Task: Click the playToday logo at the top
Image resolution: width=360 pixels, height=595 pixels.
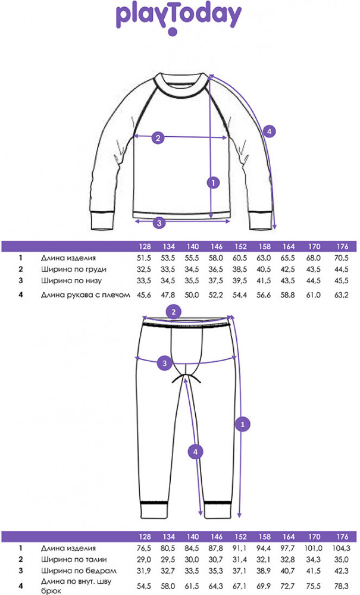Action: click(x=179, y=19)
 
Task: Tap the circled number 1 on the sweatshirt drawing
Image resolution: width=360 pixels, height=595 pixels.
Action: click(x=214, y=183)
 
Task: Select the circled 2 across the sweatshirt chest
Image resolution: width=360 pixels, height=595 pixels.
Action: click(x=158, y=137)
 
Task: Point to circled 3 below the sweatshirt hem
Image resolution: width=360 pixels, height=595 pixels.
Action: click(x=159, y=223)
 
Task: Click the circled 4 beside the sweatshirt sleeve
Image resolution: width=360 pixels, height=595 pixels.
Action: click(x=269, y=131)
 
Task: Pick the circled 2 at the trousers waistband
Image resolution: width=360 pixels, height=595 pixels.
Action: click(x=174, y=312)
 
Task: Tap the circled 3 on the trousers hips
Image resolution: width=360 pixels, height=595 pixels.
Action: click(x=164, y=363)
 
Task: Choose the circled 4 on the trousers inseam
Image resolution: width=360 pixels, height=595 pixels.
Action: click(x=195, y=452)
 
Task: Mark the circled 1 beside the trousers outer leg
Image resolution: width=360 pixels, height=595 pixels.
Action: click(x=243, y=424)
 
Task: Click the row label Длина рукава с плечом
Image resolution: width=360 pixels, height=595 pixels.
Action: click(x=85, y=295)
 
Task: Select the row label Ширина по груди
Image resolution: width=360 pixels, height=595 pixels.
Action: click(x=74, y=270)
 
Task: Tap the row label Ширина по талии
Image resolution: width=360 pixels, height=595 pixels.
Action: click(x=74, y=559)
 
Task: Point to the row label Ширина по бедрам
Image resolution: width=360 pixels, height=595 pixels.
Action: click(x=79, y=571)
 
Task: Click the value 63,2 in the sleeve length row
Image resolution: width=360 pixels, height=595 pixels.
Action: click(x=341, y=295)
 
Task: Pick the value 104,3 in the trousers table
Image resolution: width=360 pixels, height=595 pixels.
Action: click(x=341, y=549)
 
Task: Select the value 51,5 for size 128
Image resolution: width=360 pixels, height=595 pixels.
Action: click(x=144, y=258)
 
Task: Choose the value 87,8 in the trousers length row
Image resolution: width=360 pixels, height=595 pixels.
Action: click(x=216, y=549)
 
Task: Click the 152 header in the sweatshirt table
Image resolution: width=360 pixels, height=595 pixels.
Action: click(x=240, y=247)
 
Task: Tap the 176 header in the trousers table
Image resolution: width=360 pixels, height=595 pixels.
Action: click(x=342, y=537)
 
